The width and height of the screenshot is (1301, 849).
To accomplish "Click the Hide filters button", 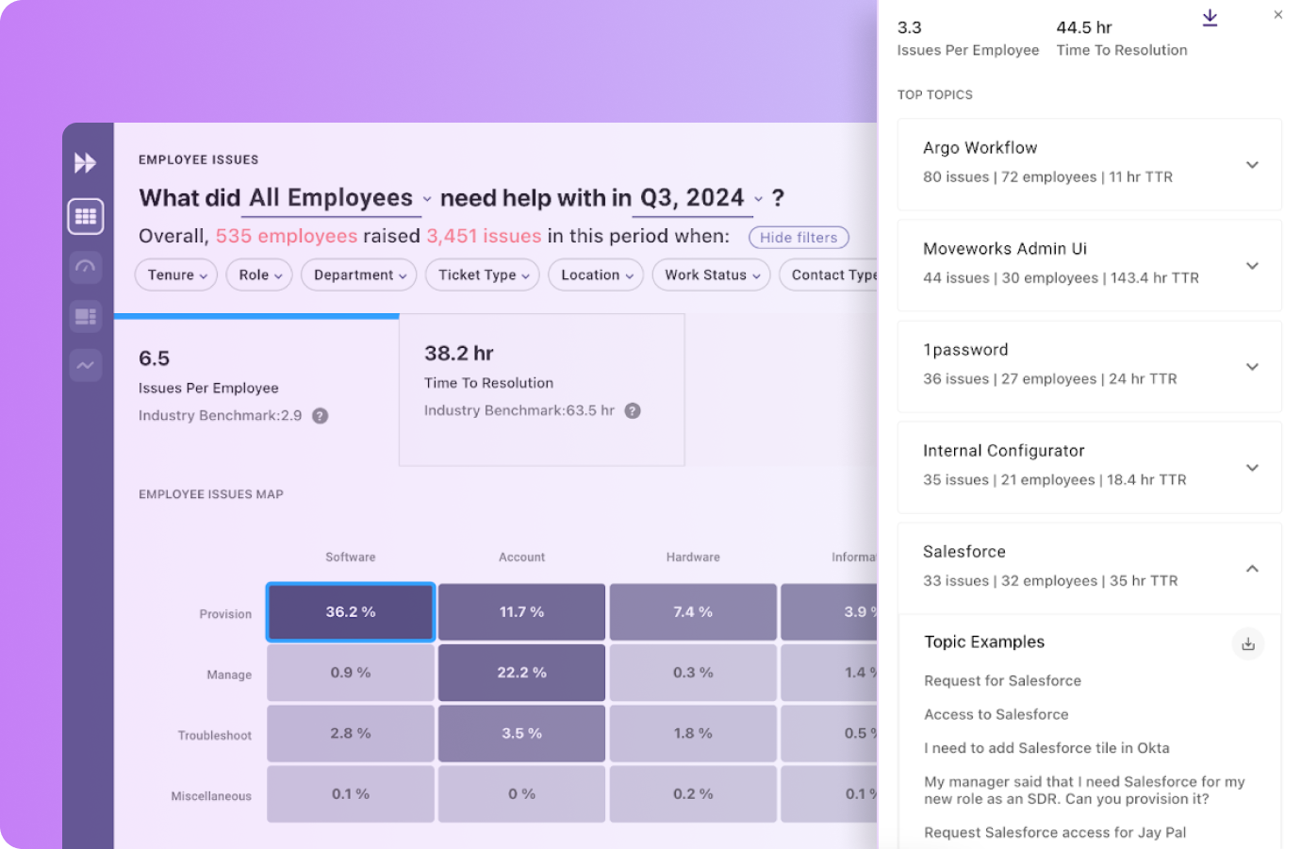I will click(x=799, y=238).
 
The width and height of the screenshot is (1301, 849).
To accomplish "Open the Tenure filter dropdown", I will click(x=176, y=275).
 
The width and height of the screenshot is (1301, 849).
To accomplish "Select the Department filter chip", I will click(x=359, y=275).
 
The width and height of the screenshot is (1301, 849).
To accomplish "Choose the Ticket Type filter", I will click(x=483, y=275).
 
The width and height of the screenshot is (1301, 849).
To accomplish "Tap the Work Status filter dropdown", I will click(x=711, y=275).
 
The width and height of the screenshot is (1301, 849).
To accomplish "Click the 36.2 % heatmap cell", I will click(x=351, y=612).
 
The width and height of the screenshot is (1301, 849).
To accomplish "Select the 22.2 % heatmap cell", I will click(x=521, y=673).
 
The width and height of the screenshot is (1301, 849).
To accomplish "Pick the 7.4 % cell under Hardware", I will click(x=693, y=612).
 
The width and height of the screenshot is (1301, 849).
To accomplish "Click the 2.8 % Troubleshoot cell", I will click(x=351, y=733).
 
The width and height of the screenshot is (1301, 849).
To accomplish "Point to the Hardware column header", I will click(x=693, y=558).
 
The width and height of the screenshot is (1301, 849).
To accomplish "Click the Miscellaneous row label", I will click(x=211, y=796).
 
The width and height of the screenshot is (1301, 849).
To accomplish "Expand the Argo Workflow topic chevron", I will click(x=1252, y=165).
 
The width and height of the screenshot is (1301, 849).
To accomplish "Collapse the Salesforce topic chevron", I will click(x=1252, y=569).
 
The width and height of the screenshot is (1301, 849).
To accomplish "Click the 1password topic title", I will click(x=965, y=350).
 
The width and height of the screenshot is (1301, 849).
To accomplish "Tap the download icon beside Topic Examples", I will click(x=1247, y=644).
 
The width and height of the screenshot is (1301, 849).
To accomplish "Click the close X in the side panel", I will click(x=1277, y=15).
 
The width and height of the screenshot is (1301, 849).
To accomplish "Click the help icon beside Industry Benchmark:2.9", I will click(x=321, y=416).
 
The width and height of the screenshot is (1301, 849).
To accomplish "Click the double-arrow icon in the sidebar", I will click(x=85, y=163).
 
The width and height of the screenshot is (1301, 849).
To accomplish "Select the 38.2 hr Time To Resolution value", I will click(x=459, y=354).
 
